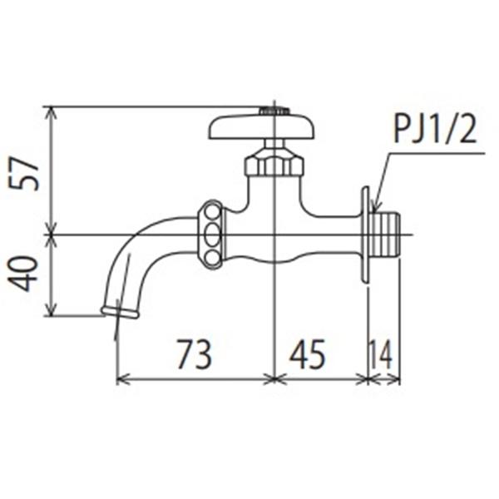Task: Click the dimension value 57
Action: [24, 174]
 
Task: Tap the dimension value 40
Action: [23, 274]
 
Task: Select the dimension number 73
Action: [194, 354]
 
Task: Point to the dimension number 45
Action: [308, 354]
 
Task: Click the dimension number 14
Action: [381, 354]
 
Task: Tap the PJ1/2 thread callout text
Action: [435, 130]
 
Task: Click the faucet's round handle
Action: [262, 126]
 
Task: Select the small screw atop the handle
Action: [274, 111]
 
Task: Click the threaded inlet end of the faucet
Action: [384, 235]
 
